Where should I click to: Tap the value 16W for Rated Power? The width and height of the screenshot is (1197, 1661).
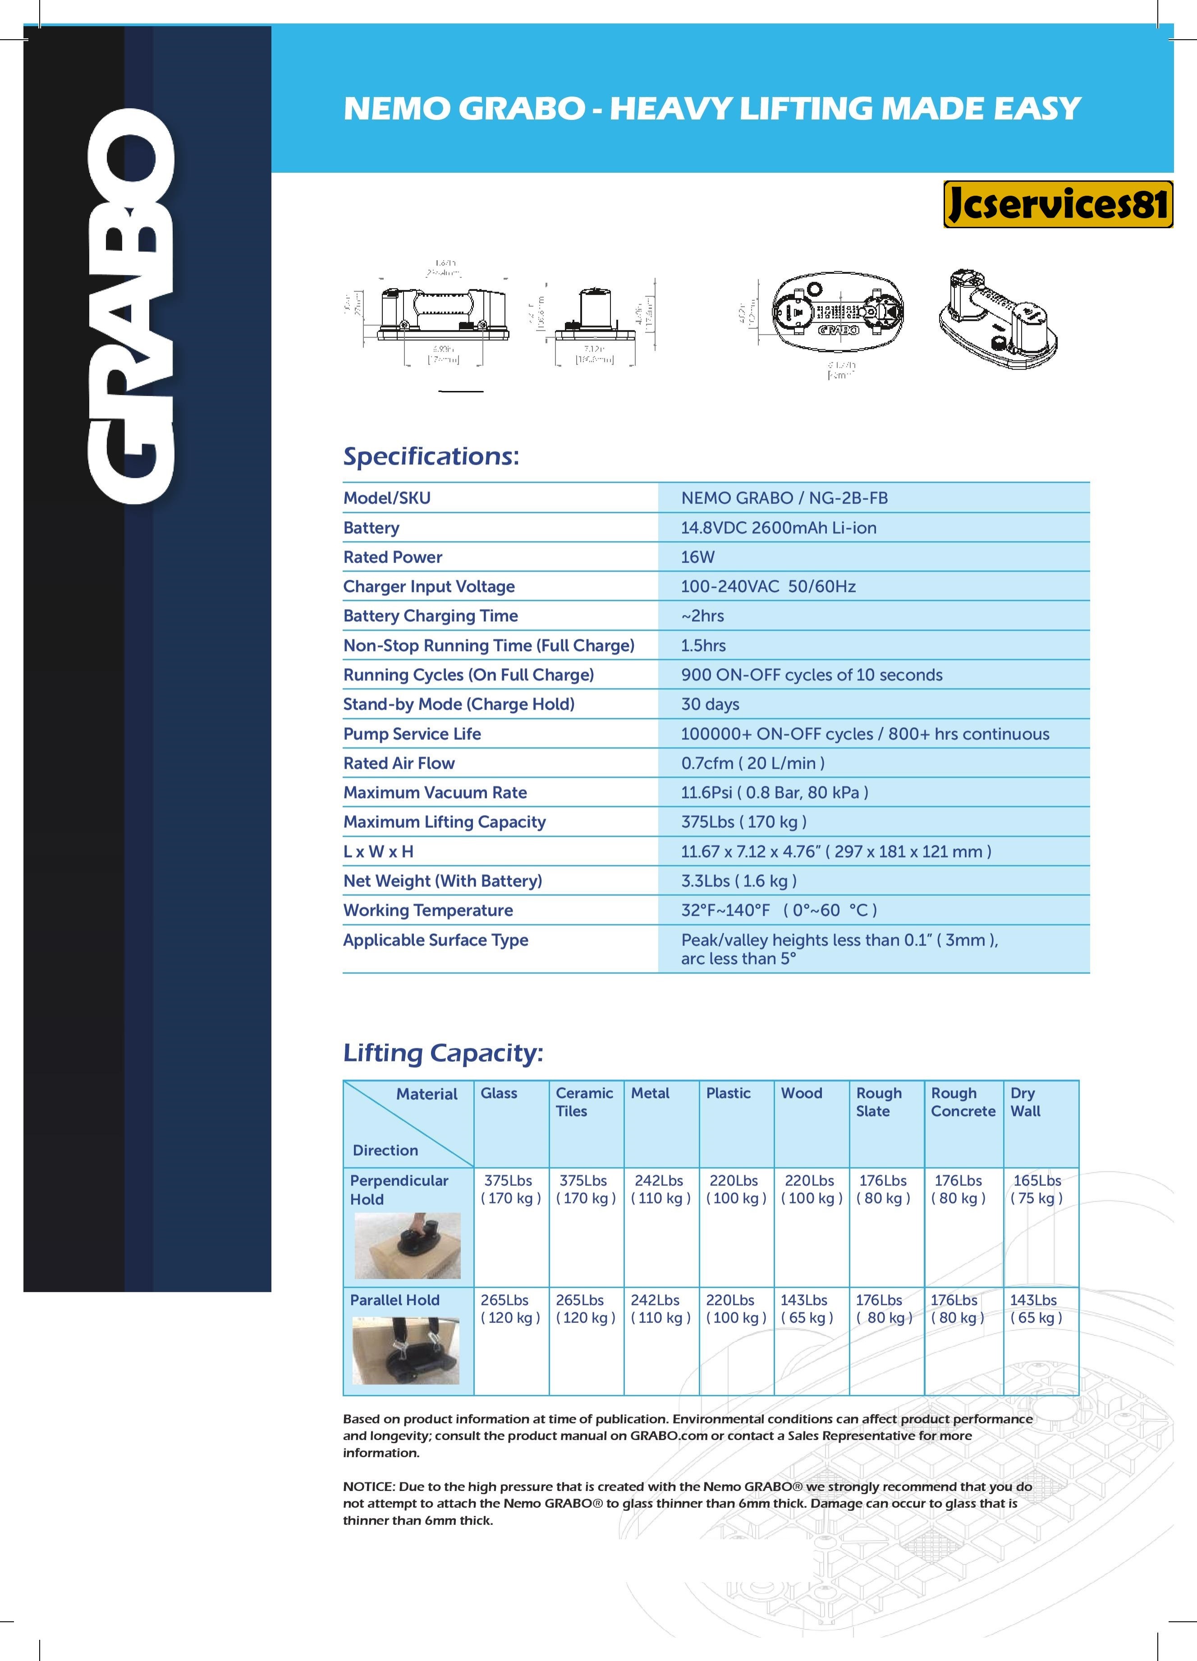click(x=697, y=556)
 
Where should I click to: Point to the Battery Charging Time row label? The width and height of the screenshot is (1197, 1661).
click(x=431, y=616)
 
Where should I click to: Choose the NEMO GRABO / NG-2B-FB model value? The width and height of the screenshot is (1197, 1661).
click(x=784, y=498)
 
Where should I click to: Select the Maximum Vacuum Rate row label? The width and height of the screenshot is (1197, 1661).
click(x=435, y=793)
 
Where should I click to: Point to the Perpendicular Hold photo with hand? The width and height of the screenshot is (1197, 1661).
click(x=407, y=1246)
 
